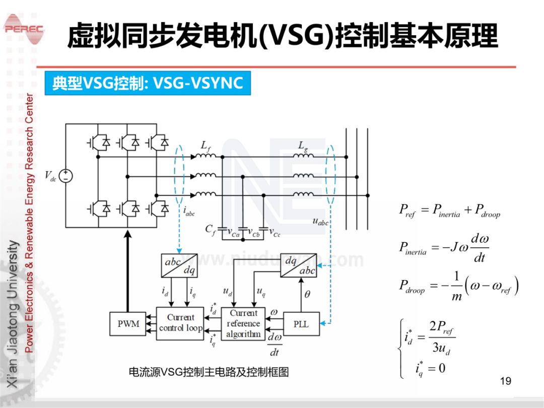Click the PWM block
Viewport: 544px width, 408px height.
point(128,324)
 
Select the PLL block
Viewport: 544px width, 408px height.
point(301,324)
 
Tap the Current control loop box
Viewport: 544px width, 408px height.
point(180,323)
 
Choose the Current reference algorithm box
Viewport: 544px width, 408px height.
point(243,323)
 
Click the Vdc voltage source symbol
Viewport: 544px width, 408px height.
point(65,175)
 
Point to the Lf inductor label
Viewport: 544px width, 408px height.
point(206,146)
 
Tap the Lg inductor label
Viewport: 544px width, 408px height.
point(303,146)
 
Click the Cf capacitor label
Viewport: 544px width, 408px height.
point(210,229)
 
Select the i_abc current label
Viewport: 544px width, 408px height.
point(189,213)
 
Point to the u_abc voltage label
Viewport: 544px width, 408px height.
point(320,221)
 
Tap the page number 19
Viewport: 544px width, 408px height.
point(505,381)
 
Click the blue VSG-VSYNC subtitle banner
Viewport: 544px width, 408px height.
point(148,83)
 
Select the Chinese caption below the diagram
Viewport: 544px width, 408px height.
point(209,372)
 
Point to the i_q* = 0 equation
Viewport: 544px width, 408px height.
point(430,368)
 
